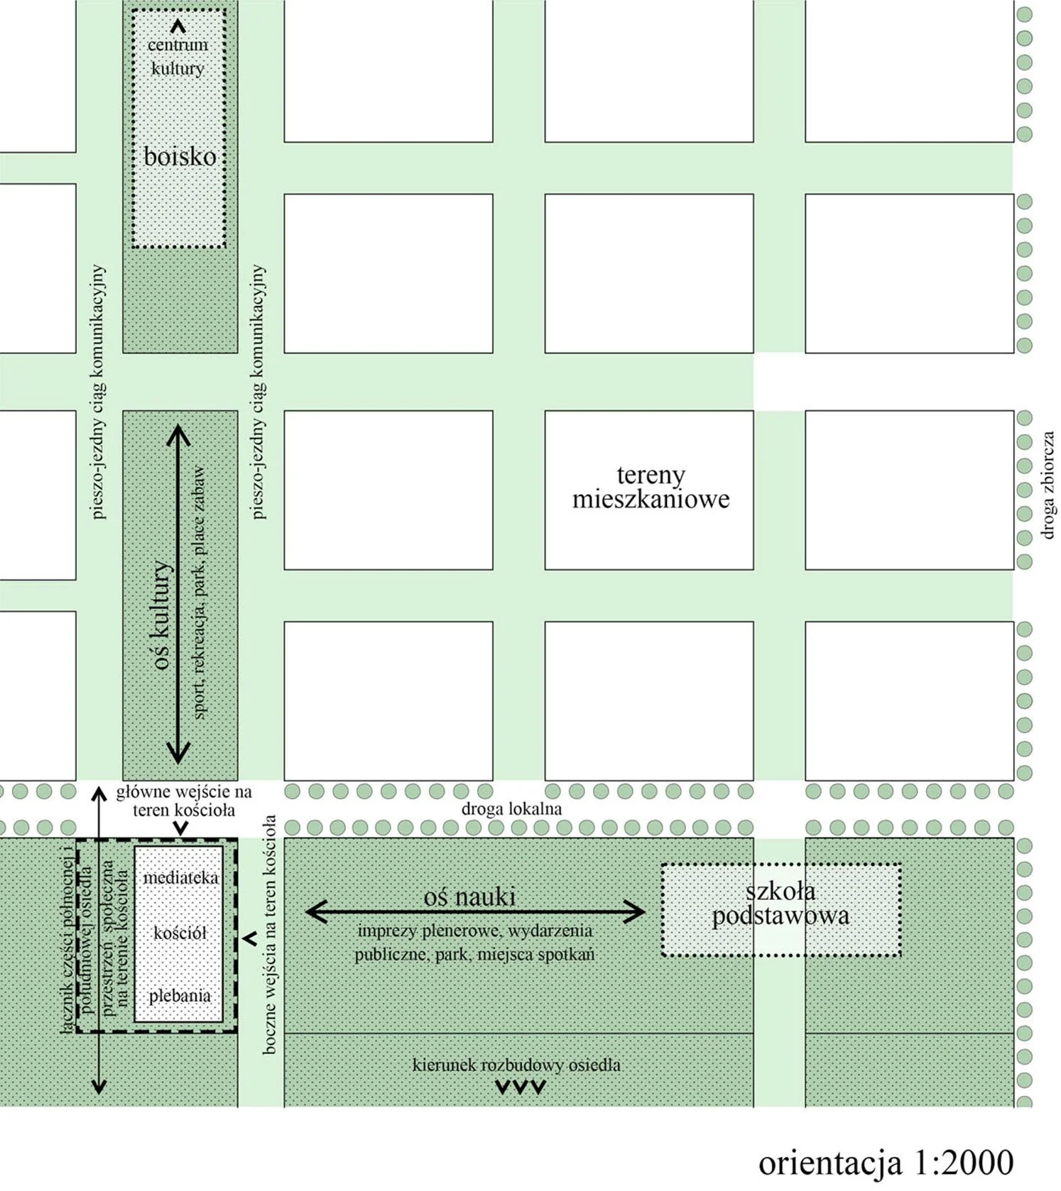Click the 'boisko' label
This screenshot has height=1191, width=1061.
tap(180, 156)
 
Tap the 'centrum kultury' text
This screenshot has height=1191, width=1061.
tap(178, 57)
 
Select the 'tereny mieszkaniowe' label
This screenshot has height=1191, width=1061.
tap(651, 487)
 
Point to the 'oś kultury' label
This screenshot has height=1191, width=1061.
tap(161, 615)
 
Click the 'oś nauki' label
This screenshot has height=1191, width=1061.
tap(469, 896)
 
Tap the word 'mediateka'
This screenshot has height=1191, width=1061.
tap(180, 878)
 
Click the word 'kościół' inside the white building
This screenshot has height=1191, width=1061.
tap(180, 933)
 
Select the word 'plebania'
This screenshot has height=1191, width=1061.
tap(180, 996)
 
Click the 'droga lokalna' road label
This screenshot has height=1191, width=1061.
tap(511, 808)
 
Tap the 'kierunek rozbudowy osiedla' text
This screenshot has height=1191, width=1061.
tap(516, 1065)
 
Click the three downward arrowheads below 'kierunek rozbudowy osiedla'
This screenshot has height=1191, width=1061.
tap(521, 1087)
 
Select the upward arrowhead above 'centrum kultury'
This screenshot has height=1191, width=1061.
tap(178, 27)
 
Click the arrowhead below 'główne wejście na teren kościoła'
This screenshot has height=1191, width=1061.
tap(181, 828)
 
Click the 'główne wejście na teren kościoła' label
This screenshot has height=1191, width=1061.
tap(184, 801)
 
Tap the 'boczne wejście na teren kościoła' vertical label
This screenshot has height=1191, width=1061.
tap(269, 933)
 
